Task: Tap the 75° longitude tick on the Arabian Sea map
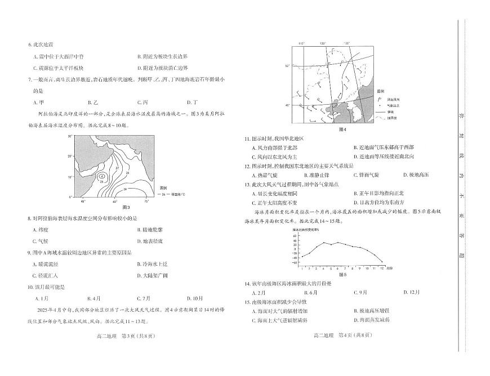coord(146,201)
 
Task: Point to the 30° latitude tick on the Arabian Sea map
coord(72,136)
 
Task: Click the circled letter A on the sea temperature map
coord(101,176)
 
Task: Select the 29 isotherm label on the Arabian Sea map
coord(103,181)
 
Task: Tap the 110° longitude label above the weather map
coord(301,43)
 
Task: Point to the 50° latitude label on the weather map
coord(287,66)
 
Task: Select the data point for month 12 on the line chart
coord(382,262)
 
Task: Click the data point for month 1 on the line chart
coord(302,257)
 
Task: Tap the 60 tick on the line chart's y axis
coord(295,237)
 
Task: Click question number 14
coord(247,284)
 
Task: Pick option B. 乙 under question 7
coord(93,102)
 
